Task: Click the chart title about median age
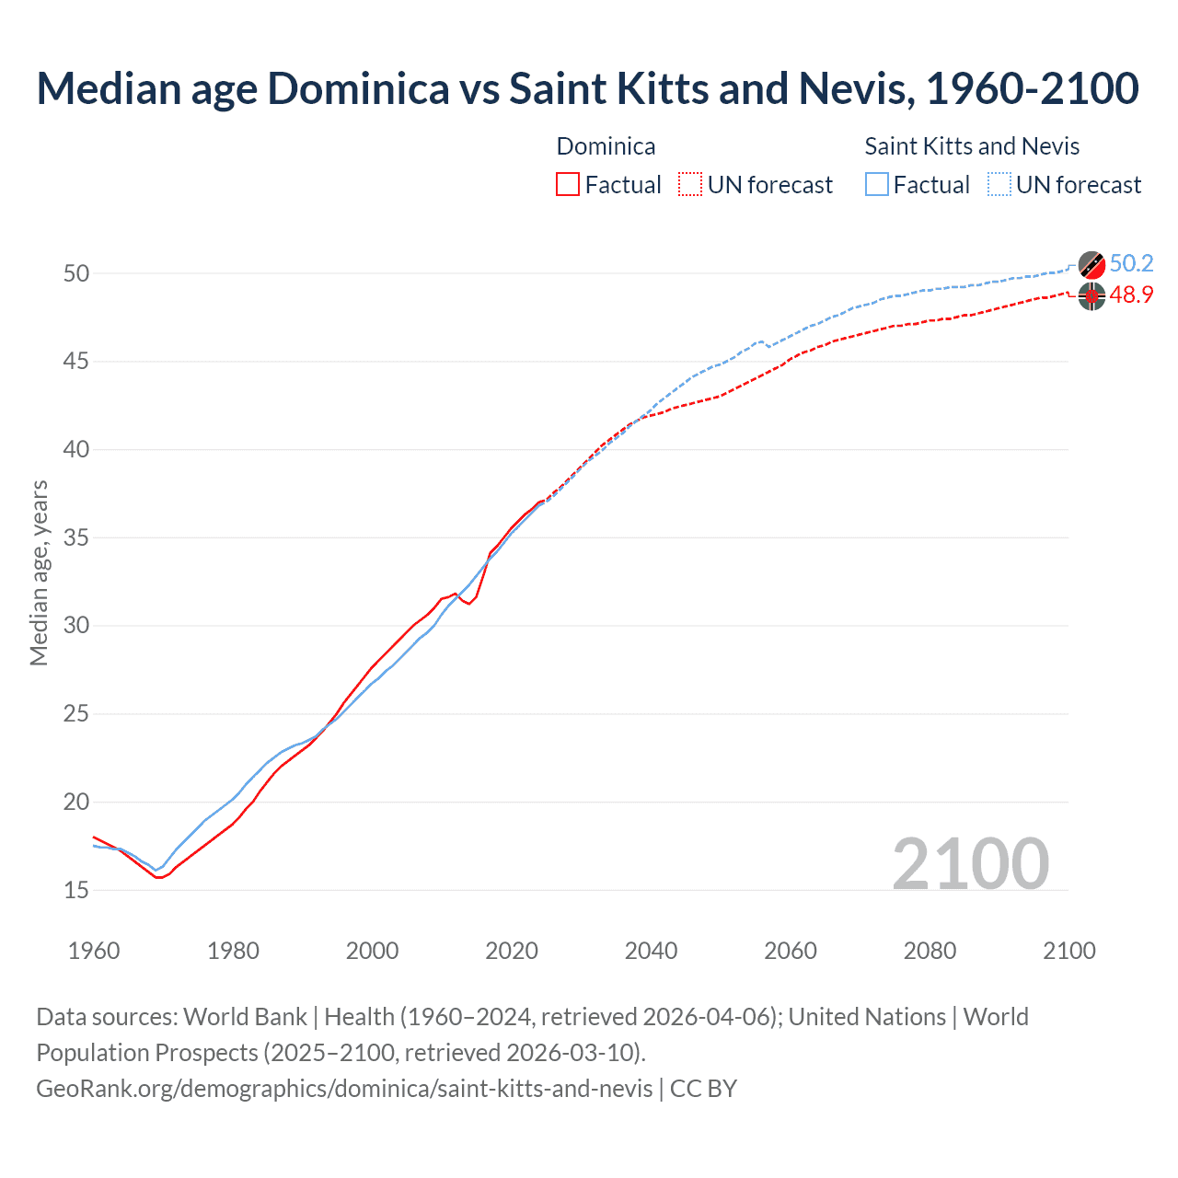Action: click(x=587, y=88)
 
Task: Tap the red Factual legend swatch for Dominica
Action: click(x=568, y=185)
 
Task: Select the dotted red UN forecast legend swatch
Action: click(x=690, y=185)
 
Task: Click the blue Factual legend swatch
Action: click(x=877, y=185)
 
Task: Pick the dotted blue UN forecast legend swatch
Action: click(x=999, y=185)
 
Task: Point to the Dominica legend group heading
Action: click(x=606, y=146)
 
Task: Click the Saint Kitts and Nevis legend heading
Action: click(x=972, y=146)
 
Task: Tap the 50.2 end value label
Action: click(x=1131, y=264)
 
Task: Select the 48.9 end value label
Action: click(x=1131, y=295)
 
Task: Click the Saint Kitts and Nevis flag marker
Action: click(x=1091, y=265)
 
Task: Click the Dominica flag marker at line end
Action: click(x=1091, y=296)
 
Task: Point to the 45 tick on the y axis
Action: click(x=76, y=362)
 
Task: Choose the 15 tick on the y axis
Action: click(x=76, y=890)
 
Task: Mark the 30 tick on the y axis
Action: click(x=76, y=626)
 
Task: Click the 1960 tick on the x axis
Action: click(x=94, y=951)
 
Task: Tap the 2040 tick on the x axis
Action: click(x=651, y=951)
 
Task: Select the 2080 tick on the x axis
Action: click(x=930, y=951)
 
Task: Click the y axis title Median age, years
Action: click(x=39, y=572)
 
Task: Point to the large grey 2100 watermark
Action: click(x=970, y=863)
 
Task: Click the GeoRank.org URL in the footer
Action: click(x=344, y=1089)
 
